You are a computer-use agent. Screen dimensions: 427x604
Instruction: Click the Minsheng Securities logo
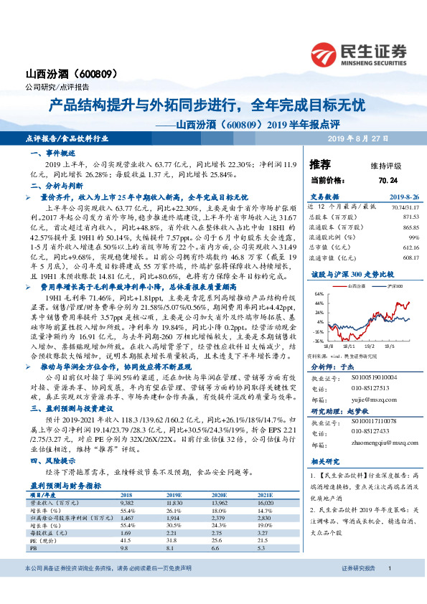coord(358,54)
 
